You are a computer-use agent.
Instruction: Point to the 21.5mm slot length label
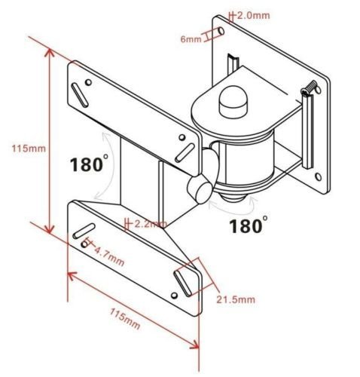point(236,300)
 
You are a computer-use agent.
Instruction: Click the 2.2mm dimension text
point(150,224)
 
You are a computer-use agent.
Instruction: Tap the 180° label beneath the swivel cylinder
point(248,225)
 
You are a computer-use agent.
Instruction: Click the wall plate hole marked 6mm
point(220,32)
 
